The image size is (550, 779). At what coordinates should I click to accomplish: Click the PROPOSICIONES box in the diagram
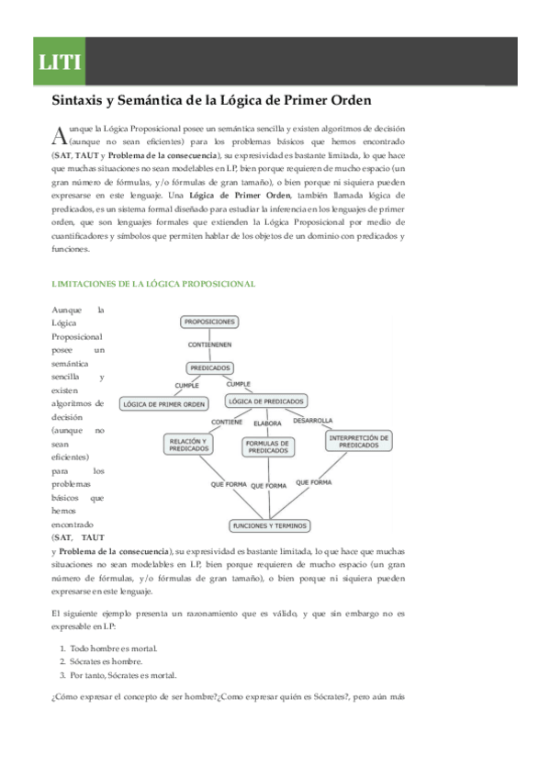(x=209, y=322)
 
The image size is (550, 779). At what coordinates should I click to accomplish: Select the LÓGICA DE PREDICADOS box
(x=266, y=401)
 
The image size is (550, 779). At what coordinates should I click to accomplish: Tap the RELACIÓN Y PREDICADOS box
(x=189, y=445)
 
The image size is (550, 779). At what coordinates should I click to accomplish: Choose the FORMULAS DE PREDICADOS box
(x=267, y=446)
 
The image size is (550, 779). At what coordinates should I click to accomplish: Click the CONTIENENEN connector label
(x=209, y=344)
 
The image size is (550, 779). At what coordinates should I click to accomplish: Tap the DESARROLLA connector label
(x=313, y=420)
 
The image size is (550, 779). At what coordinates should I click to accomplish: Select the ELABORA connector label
(x=267, y=423)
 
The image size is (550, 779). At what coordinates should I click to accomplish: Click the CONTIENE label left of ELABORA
(x=227, y=422)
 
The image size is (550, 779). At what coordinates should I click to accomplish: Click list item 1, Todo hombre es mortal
(x=108, y=648)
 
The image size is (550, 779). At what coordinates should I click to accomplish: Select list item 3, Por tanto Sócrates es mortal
(x=123, y=674)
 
